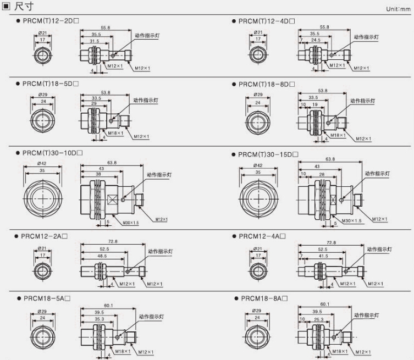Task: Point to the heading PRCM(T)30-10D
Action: click(53, 153)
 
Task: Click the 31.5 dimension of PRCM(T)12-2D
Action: click(95, 41)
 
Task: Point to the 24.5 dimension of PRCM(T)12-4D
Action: click(316, 40)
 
